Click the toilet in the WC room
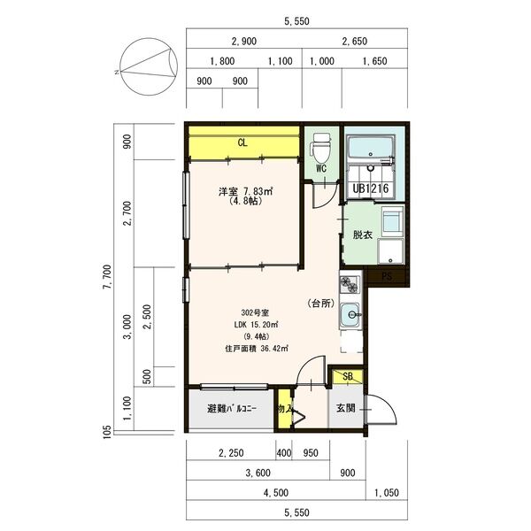[x=321, y=148]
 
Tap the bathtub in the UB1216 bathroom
[x=371, y=147]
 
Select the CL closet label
[x=242, y=142]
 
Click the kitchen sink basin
[x=350, y=314]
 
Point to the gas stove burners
[x=350, y=284]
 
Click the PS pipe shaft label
[x=387, y=277]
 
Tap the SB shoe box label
[x=348, y=376]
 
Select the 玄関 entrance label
[x=346, y=408]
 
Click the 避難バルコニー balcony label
[x=232, y=408]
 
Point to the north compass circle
[x=149, y=66]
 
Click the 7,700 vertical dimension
[x=106, y=277]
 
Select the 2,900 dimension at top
[x=244, y=42]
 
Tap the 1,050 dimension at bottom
[x=387, y=493]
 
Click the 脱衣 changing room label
[x=363, y=235]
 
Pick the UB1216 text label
[x=371, y=189]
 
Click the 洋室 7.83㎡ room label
[x=246, y=192]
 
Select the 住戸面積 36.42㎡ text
[x=257, y=348]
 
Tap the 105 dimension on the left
[x=106, y=432]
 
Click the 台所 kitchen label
[x=321, y=304]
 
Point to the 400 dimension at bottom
[x=284, y=453]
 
